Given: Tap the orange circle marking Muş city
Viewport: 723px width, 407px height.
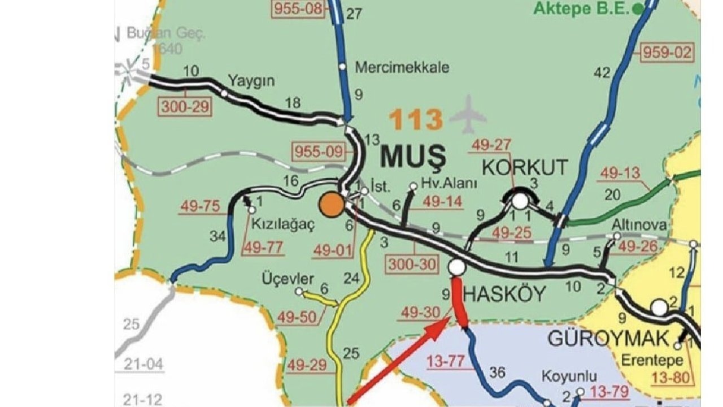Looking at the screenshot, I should coord(331,205).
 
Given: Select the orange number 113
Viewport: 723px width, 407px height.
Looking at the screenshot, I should coord(417,120).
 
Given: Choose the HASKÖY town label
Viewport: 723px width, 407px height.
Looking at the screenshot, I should coord(504,294).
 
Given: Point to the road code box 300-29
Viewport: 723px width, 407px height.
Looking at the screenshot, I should coord(186,106).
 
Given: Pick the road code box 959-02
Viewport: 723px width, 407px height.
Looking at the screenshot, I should coord(667,53).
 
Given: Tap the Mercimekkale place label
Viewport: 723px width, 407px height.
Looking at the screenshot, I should coord(402,67).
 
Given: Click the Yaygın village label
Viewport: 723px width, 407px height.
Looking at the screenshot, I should coord(251,80).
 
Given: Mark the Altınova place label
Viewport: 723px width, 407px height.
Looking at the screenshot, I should coord(639,225).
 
